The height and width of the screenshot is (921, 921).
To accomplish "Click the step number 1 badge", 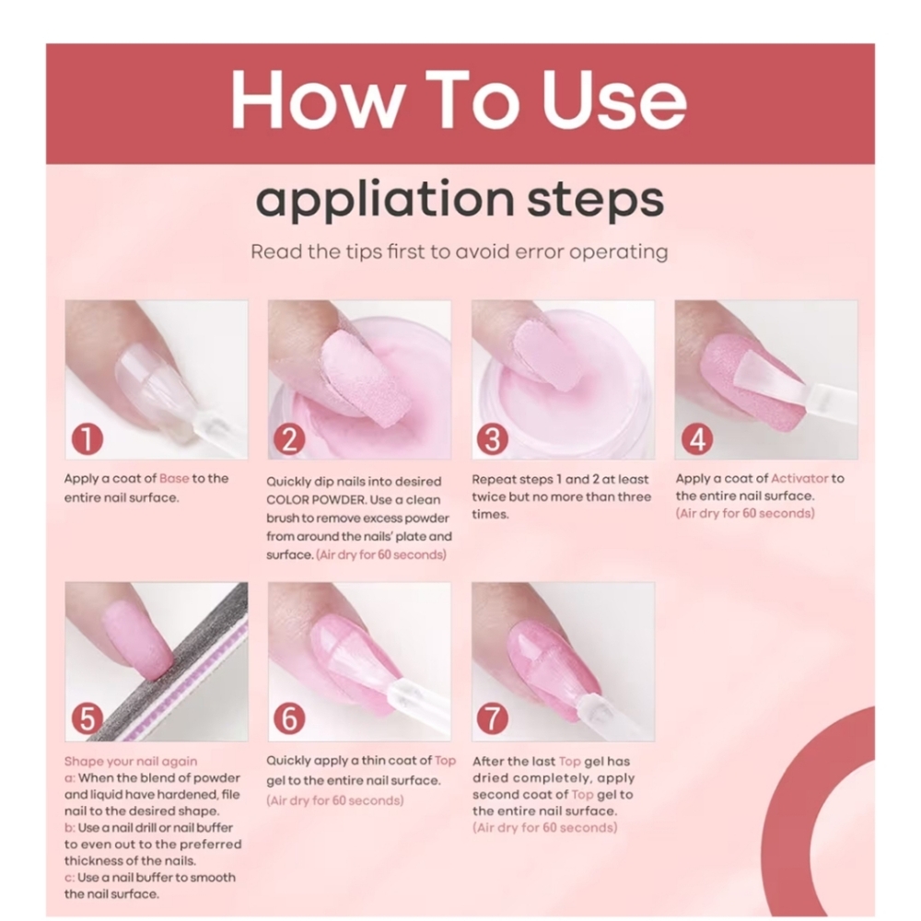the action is pos(87,438).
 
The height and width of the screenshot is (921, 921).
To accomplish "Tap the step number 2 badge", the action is pos(289,438).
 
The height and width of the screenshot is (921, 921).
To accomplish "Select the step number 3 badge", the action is pos(492,438).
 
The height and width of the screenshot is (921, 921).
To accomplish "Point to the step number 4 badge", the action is pos(697,438).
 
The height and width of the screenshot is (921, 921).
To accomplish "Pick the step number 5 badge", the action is pos(87,717).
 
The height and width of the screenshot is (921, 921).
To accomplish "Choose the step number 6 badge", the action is pos(289,717).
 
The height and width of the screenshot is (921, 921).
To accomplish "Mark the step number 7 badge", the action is pos(492,717).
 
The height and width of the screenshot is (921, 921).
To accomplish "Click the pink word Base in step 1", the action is pos(174,478).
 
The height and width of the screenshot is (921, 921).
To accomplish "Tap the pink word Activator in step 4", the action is pos(799,478).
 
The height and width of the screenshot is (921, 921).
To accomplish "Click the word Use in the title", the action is pos(613,99).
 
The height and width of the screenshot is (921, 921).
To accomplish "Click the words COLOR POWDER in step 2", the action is pos(315,500).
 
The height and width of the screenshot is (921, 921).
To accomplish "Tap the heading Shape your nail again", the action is pos(131,762).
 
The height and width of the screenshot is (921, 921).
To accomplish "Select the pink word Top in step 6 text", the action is pos(445,760).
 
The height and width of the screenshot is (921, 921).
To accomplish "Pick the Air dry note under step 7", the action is pos(544,828).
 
